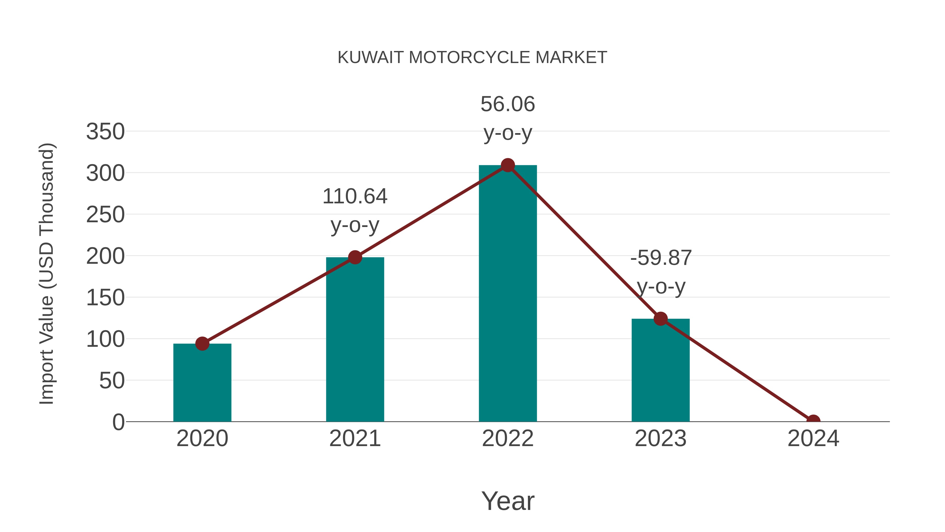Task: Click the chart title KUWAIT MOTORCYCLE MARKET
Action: click(x=472, y=58)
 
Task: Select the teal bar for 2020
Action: click(x=202, y=384)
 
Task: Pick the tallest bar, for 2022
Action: click(x=508, y=294)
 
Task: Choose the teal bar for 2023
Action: click(x=660, y=371)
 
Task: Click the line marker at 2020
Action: click(x=202, y=344)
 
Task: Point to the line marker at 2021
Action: click(x=355, y=257)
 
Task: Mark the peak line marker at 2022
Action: click(x=508, y=165)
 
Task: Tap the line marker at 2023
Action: click(x=660, y=319)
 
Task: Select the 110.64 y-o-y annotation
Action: click(x=355, y=210)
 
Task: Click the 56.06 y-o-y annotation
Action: click(x=508, y=118)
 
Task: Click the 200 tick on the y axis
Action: click(x=105, y=256)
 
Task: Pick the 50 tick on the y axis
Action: click(x=112, y=381)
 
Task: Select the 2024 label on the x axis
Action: click(x=813, y=438)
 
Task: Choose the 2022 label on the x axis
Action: click(x=508, y=438)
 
